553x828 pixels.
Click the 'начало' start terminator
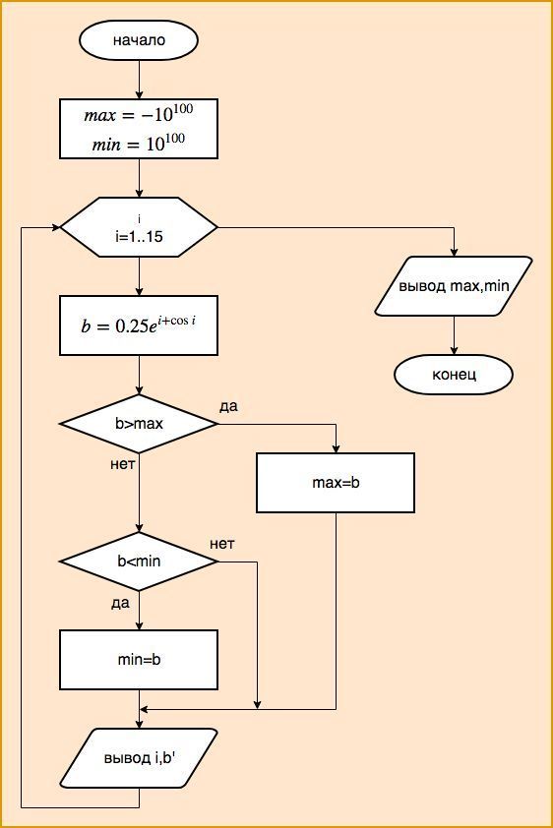(139, 40)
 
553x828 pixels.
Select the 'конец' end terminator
(454, 375)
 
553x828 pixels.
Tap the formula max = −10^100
(139, 113)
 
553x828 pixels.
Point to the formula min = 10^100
(139, 144)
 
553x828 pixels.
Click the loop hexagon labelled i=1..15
(139, 227)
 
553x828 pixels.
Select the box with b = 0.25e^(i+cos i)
(139, 325)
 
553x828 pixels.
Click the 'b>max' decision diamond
(139, 424)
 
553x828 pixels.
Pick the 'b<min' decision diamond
(139, 561)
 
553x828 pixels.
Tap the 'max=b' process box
(336, 483)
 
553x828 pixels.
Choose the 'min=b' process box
(139, 660)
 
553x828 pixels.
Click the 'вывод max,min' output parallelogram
(454, 286)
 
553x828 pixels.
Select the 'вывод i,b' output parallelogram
(139, 758)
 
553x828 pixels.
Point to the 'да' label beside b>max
(228, 406)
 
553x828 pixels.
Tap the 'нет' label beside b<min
(221, 544)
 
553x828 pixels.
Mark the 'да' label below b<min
(120, 603)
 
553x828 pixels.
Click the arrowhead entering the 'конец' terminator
(454, 351)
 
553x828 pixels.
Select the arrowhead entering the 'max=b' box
(336, 448)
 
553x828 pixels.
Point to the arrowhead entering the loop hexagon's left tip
(56, 227)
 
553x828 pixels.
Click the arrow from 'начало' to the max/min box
(139, 80)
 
